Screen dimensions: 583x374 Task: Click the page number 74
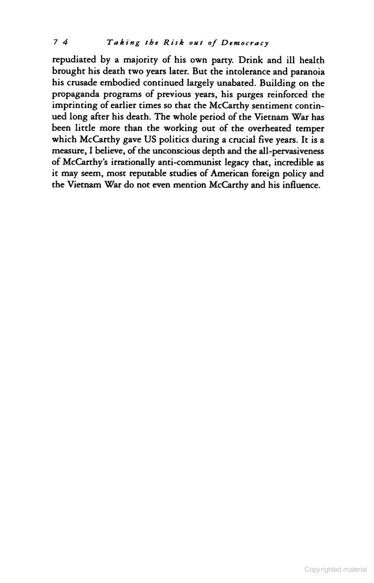[x=61, y=43]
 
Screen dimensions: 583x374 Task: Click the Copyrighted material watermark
[x=335, y=569]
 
